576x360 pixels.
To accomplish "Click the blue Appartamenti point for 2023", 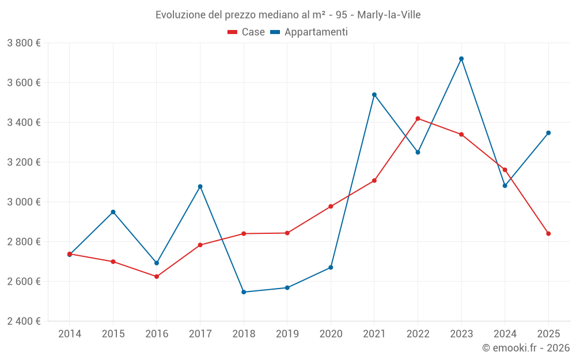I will (x=461, y=59).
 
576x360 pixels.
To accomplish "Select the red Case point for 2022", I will (x=418, y=119).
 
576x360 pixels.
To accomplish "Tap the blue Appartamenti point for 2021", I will (x=374, y=94).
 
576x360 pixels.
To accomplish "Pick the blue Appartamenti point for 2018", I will (x=244, y=292).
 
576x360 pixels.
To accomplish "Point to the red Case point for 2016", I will (x=157, y=276).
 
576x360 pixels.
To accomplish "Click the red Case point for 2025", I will (x=548, y=234).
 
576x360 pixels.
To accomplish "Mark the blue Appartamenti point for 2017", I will (x=200, y=187).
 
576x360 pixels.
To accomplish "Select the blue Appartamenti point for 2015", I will (x=113, y=212).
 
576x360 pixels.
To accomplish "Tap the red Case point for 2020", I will (x=331, y=206).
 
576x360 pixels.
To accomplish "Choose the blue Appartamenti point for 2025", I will (x=548, y=133).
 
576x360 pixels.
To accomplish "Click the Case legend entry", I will (x=247, y=32).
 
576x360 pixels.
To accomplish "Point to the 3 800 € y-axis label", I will (x=24, y=43).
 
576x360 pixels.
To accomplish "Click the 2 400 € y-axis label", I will (x=24, y=321).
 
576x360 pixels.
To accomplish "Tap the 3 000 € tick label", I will (x=24, y=202).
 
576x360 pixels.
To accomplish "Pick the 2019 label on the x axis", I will (x=287, y=334).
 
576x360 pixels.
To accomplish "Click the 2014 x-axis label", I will (x=70, y=334).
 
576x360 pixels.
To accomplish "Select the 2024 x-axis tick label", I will (x=505, y=334).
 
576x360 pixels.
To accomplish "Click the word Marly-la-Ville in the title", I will (x=389, y=14).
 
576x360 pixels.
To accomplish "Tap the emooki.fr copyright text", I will (x=525, y=348).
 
